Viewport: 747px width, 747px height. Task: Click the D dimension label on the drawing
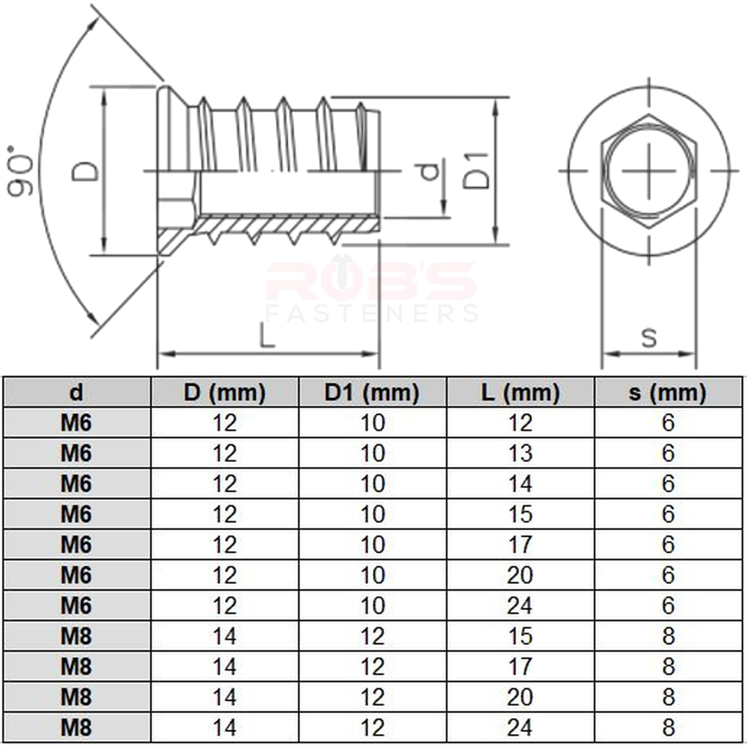(x=85, y=171)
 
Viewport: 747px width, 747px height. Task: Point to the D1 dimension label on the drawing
(x=476, y=171)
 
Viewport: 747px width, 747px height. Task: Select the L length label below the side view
(x=267, y=336)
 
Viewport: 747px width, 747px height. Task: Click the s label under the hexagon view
(x=649, y=337)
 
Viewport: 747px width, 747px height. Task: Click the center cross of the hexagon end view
(x=648, y=170)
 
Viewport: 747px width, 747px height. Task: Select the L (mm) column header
(x=520, y=392)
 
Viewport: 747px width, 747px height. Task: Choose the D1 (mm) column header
(x=372, y=392)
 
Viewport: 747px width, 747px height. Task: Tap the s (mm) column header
(x=668, y=392)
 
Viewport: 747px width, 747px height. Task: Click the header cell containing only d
(x=76, y=392)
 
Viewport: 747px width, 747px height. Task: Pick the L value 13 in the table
(x=520, y=453)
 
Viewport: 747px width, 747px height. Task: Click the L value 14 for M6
(x=520, y=484)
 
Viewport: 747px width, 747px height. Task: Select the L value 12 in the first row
(x=520, y=423)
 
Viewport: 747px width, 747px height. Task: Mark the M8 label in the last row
(x=76, y=727)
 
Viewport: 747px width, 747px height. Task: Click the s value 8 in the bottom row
(x=668, y=727)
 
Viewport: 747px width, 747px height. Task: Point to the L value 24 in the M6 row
(x=520, y=606)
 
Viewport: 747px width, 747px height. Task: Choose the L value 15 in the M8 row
(x=520, y=636)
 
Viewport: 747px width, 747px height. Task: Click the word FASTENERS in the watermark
(x=372, y=313)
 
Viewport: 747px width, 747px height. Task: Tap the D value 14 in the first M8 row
(x=224, y=636)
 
